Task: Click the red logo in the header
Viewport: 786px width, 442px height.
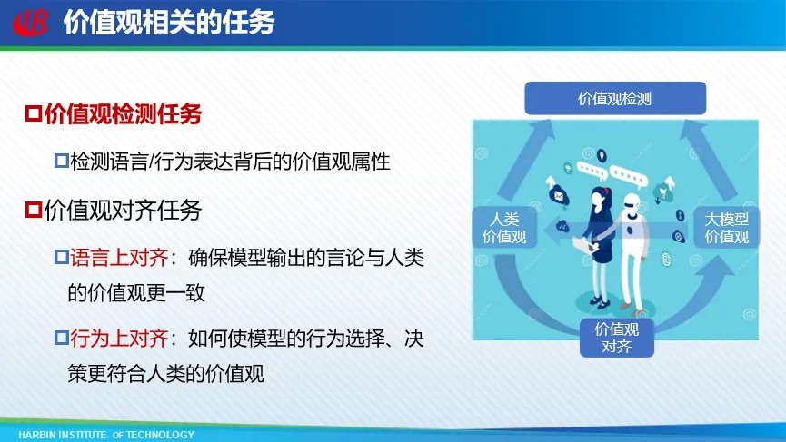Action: click(31, 23)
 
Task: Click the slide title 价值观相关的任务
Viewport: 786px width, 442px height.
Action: click(169, 22)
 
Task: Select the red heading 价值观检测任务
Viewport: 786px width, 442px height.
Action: click(123, 113)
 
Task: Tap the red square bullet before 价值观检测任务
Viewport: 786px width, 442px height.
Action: click(34, 113)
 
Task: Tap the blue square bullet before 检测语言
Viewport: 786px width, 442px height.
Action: click(61, 161)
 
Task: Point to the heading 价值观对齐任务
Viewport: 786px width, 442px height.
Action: click(123, 210)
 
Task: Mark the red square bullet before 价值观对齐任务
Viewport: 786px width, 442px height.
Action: click(34, 210)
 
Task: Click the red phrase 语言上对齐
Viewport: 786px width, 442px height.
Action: click(119, 257)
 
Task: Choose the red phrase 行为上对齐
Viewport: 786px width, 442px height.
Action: click(119, 338)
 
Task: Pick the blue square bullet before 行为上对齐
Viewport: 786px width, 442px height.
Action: click(61, 338)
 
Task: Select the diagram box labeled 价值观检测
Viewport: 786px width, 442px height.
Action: click(615, 98)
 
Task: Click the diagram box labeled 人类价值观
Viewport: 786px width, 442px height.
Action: click(504, 228)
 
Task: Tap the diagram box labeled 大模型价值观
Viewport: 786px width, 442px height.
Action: click(726, 228)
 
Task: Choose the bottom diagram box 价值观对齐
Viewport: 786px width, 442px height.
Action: click(617, 338)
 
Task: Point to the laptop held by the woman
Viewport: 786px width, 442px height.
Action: click(584, 245)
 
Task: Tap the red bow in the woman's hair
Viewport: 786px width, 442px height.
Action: click(607, 191)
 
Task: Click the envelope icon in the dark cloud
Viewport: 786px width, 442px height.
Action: click(558, 195)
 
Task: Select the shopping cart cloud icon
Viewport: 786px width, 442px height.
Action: click(662, 192)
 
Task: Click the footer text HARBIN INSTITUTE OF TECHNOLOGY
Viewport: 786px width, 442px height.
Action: click(106, 435)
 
